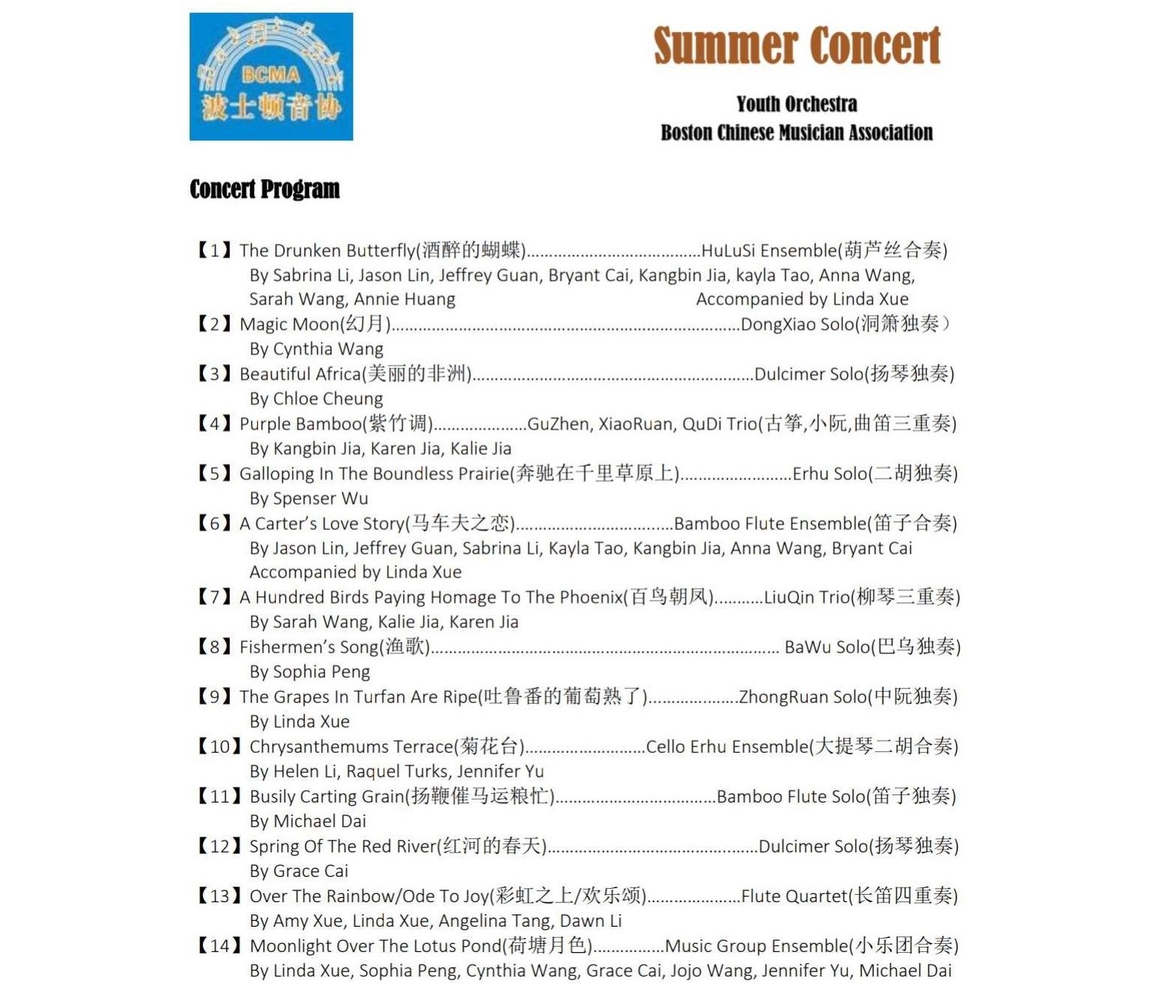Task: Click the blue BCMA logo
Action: (271, 77)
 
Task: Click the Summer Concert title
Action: (797, 46)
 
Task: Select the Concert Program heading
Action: (265, 189)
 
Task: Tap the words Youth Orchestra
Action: (797, 104)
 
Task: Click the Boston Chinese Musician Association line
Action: (797, 133)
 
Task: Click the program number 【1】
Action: (215, 250)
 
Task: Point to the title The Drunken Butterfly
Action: (326, 250)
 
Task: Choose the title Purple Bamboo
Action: (300, 424)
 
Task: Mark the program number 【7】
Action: (215, 598)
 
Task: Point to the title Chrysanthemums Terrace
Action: (351, 747)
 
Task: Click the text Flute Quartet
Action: (794, 896)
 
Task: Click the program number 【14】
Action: (220, 946)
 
